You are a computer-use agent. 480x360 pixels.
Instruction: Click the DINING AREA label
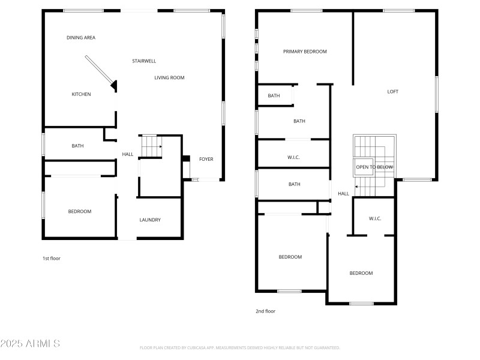80,38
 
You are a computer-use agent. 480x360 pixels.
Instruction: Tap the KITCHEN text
81,94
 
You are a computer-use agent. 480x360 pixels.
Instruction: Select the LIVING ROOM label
169,77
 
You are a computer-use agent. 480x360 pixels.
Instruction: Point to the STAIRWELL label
144,61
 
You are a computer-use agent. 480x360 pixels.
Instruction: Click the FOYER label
206,159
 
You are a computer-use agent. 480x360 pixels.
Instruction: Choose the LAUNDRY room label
150,220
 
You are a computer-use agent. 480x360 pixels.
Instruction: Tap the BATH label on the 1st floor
77,146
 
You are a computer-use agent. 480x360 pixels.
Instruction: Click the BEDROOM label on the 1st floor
79,211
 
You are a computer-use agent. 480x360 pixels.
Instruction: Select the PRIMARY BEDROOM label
305,52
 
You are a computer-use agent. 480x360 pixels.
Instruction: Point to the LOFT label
392,92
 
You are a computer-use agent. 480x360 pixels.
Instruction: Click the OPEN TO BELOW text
374,167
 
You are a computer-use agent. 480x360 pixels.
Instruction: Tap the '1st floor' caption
51,259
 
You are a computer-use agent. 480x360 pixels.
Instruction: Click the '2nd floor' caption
265,311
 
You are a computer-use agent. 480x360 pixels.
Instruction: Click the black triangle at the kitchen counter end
113,86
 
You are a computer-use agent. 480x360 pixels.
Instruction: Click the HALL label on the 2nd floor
343,194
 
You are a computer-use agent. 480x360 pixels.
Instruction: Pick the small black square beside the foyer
186,160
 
